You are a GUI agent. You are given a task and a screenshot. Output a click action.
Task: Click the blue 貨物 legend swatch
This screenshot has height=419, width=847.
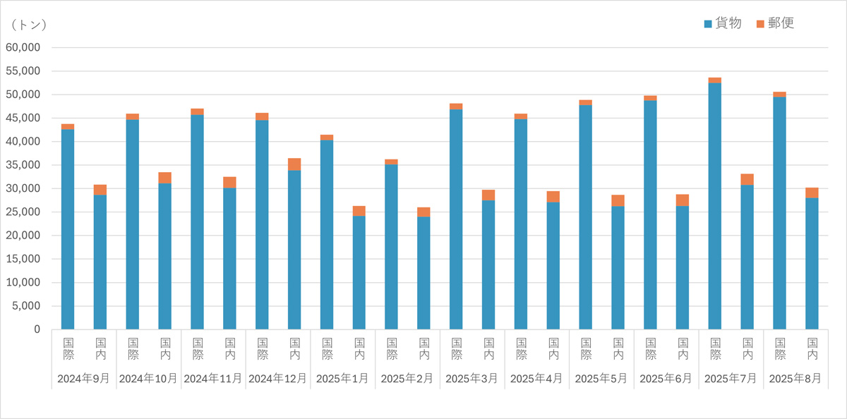coord(709,24)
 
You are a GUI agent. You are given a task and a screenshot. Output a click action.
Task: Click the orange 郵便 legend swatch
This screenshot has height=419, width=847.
coord(760,24)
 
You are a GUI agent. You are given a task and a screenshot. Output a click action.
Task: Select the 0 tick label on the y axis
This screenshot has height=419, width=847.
coord(37,329)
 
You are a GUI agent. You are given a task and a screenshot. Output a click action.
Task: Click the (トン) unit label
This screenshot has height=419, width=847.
coord(29,25)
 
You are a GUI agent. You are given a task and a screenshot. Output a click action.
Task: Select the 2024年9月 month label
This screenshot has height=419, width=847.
coord(83,378)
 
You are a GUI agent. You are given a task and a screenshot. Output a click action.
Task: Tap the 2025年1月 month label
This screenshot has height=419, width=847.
coord(342,378)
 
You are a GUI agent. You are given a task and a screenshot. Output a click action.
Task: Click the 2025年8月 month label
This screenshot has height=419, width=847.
coord(795,378)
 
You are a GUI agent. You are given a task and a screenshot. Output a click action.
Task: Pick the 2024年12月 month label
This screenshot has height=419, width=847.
coord(278,378)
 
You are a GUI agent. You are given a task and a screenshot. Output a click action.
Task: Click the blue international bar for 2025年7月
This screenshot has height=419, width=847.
coord(714,205)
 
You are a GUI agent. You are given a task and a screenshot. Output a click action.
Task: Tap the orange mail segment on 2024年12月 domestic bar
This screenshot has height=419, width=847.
coord(294,164)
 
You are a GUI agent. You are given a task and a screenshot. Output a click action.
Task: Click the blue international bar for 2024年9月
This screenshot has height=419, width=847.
coord(68,229)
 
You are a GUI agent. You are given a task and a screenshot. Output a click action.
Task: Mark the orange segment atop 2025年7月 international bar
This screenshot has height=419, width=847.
coord(714,80)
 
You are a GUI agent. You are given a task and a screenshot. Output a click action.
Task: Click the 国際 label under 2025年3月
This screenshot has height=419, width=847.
coord(456,349)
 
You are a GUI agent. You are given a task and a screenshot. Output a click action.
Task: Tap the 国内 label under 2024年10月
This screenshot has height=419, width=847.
coord(165,349)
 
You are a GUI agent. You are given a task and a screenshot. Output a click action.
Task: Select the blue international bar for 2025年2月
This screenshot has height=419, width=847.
coord(391,247)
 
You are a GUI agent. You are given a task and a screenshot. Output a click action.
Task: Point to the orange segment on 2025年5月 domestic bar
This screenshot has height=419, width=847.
coord(618,200)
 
